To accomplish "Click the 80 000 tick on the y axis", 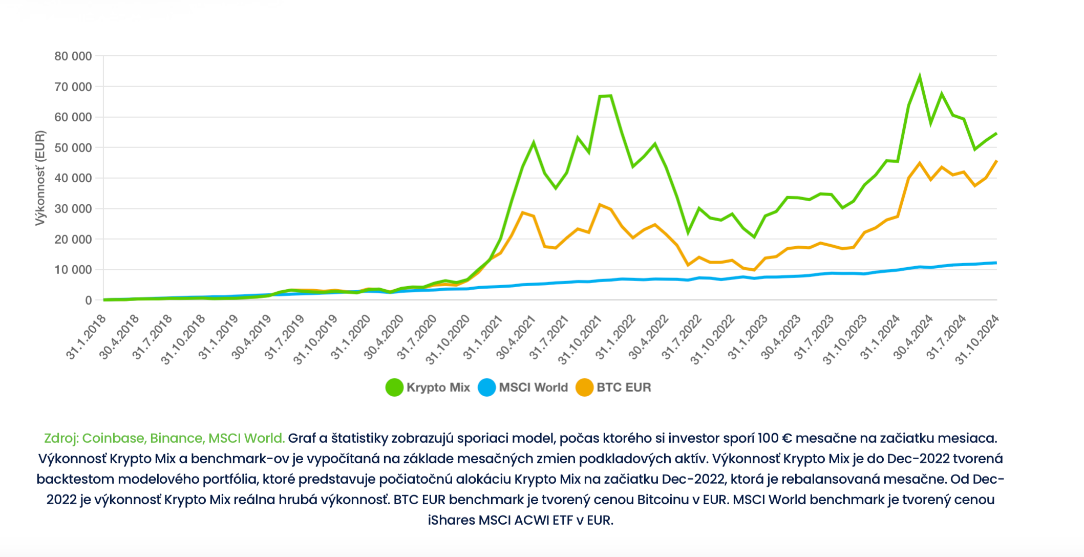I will (x=73, y=56).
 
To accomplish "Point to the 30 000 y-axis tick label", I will (x=73, y=209).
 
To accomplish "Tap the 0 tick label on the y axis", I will (x=89, y=301).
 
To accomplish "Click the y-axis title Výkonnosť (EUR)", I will (x=40, y=178).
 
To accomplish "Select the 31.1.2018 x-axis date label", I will (x=86, y=337).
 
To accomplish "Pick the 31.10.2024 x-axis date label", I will (x=977, y=339).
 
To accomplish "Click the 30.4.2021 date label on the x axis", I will (x=515, y=337).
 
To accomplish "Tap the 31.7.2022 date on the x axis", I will (x=681, y=337).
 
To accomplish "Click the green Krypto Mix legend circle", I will (x=394, y=388).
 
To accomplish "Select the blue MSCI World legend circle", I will (x=486, y=388).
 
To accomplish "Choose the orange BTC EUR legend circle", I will (x=584, y=388).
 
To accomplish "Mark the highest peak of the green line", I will (x=920, y=77).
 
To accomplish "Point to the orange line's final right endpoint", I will (x=996, y=161).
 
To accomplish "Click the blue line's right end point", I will (x=996, y=263).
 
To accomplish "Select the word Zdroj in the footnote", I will (x=60, y=438).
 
